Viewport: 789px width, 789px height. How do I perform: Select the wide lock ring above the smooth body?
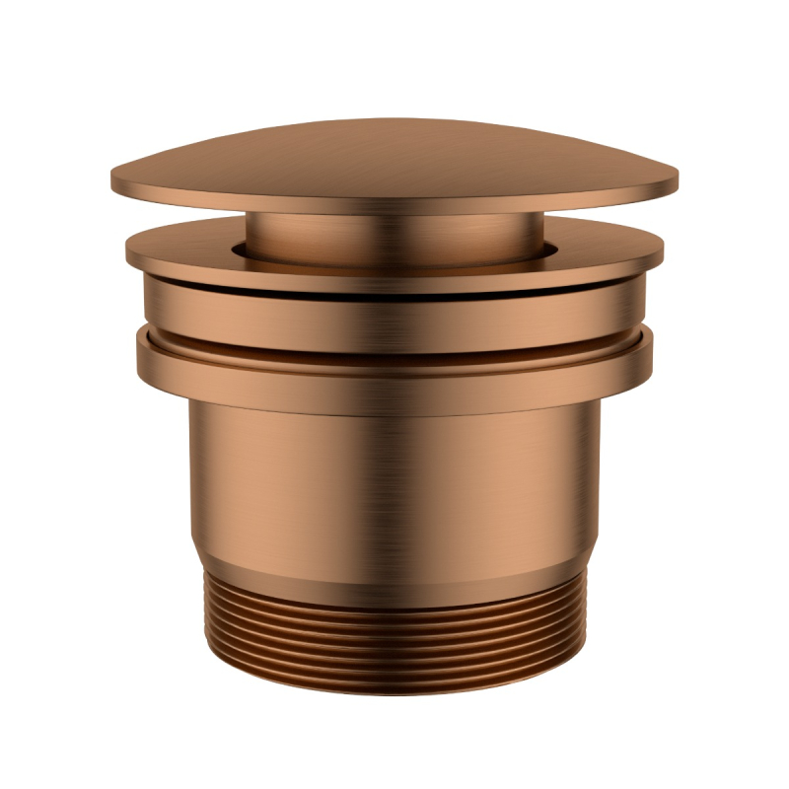point(394,370)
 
